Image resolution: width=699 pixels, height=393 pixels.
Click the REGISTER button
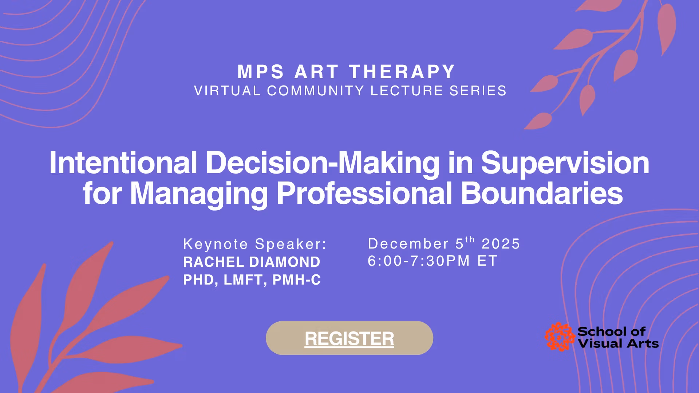pyautogui.click(x=349, y=338)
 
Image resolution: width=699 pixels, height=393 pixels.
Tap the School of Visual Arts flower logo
pyautogui.click(x=560, y=337)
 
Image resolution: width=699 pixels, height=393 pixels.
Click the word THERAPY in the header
pyautogui.click(x=402, y=72)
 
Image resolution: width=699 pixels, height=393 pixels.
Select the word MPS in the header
pyautogui.click(x=261, y=72)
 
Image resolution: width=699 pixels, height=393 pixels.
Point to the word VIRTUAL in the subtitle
pyautogui.click(x=228, y=91)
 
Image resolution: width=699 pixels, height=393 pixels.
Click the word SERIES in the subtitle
pyautogui.click(x=478, y=91)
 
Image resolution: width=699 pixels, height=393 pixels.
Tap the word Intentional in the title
pyautogui.click(x=123, y=163)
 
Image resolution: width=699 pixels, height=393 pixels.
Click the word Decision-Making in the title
pyautogui.click(x=323, y=163)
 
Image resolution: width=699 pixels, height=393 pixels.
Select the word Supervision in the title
pyautogui.click(x=565, y=163)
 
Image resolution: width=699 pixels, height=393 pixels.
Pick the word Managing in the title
pyautogui.click(x=199, y=193)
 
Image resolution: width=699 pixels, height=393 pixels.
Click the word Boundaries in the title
pyautogui.click(x=542, y=193)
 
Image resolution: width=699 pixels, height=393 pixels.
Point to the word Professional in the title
pyautogui.click(x=364, y=193)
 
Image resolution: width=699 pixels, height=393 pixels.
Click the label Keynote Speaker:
pyautogui.click(x=255, y=244)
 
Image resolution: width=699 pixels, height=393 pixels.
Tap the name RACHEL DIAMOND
pyautogui.click(x=252, y=262)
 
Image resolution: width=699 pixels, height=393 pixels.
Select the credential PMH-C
pyautogui.click(x=297, y=280)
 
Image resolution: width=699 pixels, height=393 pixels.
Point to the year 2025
pyautogui.click(x=501, y=244)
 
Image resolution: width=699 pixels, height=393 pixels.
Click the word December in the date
pyautogui.click(x=408, y=244)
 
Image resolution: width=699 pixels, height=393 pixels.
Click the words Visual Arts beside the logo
pyautogui.click(x=618, y=344)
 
